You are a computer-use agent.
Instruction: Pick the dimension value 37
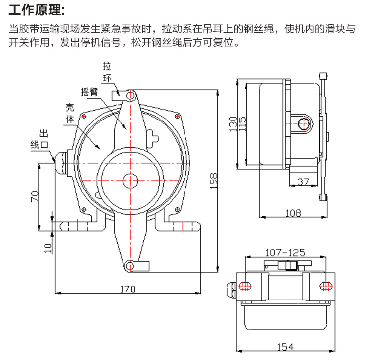pyautogui.click(x=303, y=182)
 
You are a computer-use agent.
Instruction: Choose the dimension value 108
pyautogui.click(x=294, y=213)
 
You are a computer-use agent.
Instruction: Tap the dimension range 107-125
pyautogui.click(x=285, y=252)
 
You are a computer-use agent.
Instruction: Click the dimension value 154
pyautogui.click(x=285, y=346)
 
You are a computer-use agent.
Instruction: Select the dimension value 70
pyautogui.click(x=35, y=195)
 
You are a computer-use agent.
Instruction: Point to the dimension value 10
pyautogui.click(x=47, y=248)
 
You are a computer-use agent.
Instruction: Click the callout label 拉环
pyautogui.click(x=107, y=72)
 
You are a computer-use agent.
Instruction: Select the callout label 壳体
pyautogui.click(x=70, y=113)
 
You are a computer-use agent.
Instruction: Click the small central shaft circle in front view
pyautogui.click(x=130, y=180)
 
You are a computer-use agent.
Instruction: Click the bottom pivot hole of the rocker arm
pyautogui.click(x=130, y=266)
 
